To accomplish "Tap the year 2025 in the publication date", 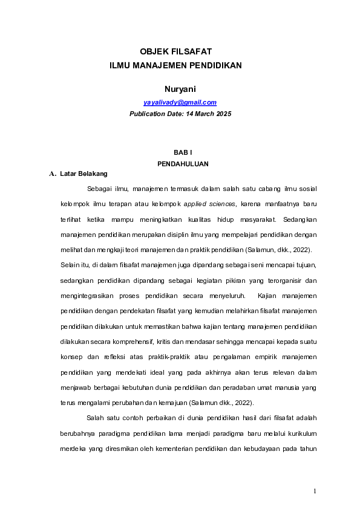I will pyautogui.click(x=223, y=114).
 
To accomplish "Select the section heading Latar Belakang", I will pyautogui.click(x=83, y=174).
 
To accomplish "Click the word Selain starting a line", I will pyautogui.click(x=70, y=265).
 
